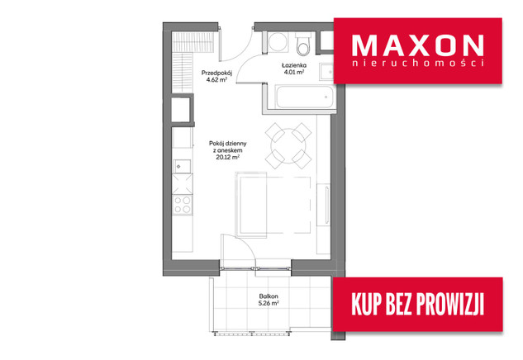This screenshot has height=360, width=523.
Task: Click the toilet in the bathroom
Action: (303, 44)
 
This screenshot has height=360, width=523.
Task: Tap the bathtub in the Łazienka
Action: (304, 97)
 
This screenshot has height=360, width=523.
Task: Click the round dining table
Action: (288, 145)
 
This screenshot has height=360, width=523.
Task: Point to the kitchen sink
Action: (182, 166)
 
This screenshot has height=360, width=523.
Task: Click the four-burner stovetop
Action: (183, 205)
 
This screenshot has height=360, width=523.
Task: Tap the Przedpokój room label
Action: (216, 73)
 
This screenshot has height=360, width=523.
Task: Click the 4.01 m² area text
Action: (294, 72)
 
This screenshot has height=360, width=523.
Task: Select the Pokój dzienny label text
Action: (228, 144)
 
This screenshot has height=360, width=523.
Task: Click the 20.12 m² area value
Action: (228, 158)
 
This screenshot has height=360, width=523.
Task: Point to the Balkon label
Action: (269, 296)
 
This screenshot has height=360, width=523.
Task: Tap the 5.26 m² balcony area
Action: (269, 303)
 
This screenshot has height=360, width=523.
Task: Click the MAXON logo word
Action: (417, 45)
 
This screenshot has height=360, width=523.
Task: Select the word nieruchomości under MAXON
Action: (418, 63)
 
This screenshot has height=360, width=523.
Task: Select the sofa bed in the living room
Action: (273, 204)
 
